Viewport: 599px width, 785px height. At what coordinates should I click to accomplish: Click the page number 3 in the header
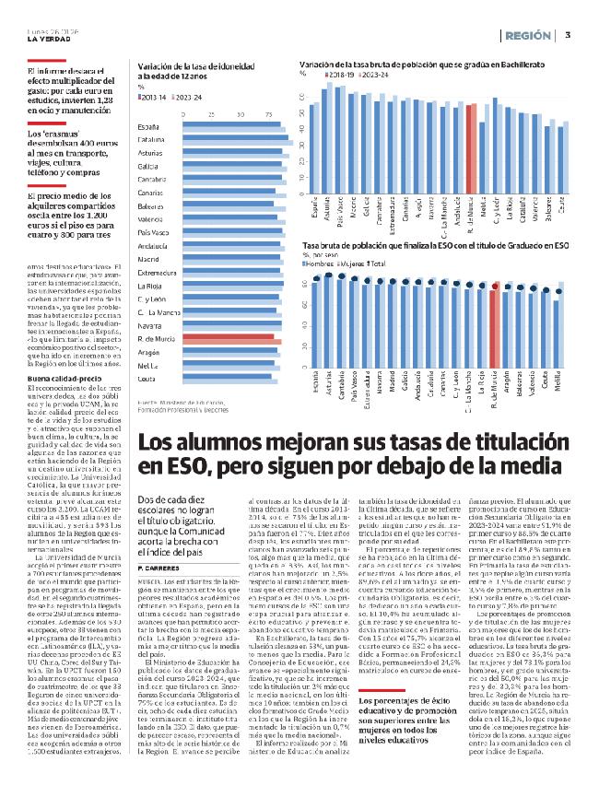click(568, 36)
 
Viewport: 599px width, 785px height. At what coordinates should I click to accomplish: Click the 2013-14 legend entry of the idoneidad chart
click(153, 96)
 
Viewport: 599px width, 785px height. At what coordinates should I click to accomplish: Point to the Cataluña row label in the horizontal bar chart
click(151, 139)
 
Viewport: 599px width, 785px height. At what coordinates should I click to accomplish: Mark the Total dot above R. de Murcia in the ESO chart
click(499, 285)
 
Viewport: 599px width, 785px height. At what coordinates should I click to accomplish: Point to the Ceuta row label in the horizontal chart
click(147, 379)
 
